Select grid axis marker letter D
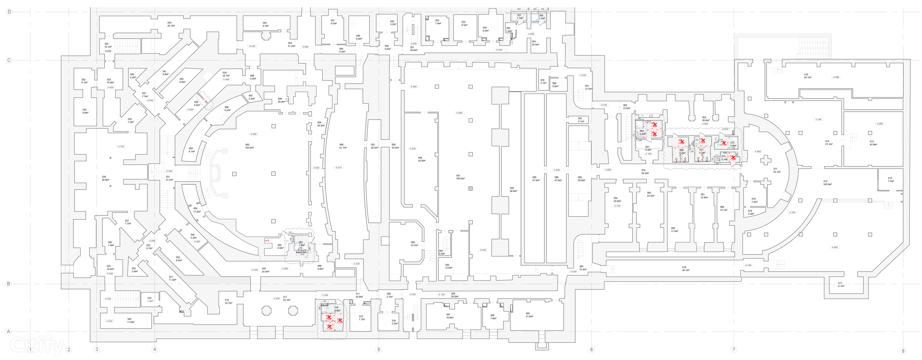pos(9,12)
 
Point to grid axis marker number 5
pos(379,350)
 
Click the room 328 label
pos(104,177)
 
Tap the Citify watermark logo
pos(36,345)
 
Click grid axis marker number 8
pos(903,351)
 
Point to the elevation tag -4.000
pos(459,113)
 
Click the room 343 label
pos(169,23)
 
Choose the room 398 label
pos(342,145)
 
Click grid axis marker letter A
pos(8,331)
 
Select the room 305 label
pos(528,313)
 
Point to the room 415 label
pos(871,141)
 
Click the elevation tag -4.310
pos(338,168)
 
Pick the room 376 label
pos(643,170)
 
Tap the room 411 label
pos(840,283)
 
